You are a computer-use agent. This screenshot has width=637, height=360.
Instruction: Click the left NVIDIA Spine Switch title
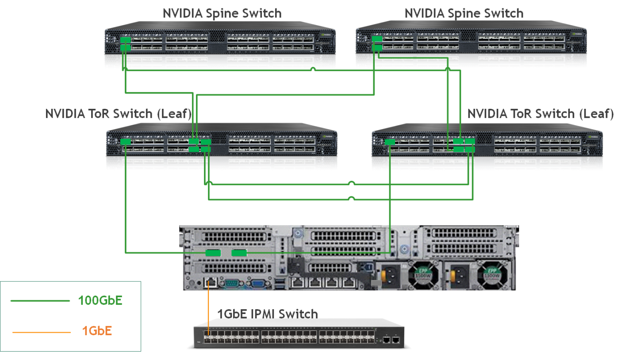[x=222, y=13]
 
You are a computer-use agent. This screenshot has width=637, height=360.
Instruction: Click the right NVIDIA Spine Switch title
[x=464, y=13]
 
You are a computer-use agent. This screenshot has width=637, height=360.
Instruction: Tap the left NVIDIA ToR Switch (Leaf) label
[x=118, y=114]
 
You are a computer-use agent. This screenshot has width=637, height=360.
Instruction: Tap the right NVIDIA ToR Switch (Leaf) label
[x=541, y=114]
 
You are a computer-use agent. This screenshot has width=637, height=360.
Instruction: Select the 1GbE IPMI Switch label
[x=268, y=314]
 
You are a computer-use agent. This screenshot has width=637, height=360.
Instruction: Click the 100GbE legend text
[x=100, y=301]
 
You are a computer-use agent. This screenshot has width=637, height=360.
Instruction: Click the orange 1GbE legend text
[x=97, y=330]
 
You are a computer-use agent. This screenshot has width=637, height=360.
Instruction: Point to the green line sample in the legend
[x=40, y=301]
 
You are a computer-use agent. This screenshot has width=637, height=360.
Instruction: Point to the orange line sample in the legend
[x=41, y=332]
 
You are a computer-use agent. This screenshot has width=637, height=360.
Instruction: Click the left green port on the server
[x=213, y=253]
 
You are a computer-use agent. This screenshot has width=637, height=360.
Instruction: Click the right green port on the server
[x=239, y=253]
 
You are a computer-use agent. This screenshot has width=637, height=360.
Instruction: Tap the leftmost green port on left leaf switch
[x=126, y=142]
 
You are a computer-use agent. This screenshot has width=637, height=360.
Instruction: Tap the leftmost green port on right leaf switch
[x=390, y=142]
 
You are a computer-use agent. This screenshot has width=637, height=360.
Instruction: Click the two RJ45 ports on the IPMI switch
[x=391, y=340]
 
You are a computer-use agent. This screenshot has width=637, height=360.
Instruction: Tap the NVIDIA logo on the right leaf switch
[x=594, y=137]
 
